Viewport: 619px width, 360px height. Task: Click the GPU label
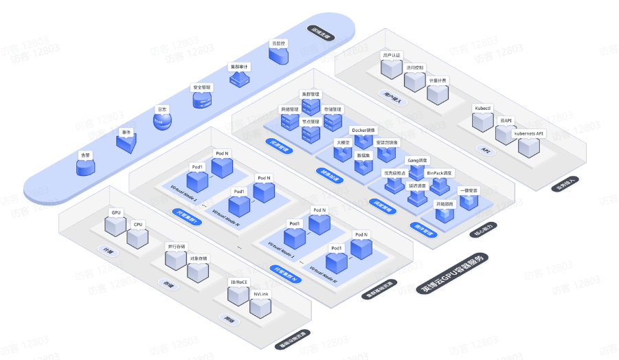pos(116,213)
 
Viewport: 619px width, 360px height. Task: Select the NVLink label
pos(260,294)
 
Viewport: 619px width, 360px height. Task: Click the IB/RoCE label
pos(238,282)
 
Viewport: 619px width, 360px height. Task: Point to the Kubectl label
pos(482,108)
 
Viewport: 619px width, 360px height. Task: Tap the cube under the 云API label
pos(506,134)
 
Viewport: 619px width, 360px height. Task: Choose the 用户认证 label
pos(391,55)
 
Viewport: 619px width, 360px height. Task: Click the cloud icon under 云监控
pos(278,56)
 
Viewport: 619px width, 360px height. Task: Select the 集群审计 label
pos(239,67)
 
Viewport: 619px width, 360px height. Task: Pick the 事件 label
pos(126,132)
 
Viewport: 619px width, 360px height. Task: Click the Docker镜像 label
pos(363,130)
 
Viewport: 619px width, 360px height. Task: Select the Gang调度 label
pos(418,160)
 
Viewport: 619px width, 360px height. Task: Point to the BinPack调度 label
pos(440,173)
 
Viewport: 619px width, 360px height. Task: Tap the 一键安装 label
pos(469,190)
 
